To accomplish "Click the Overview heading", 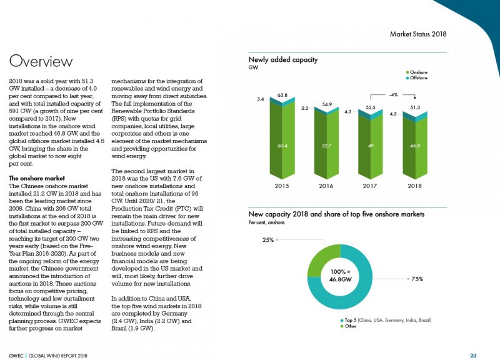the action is tap(41, 61).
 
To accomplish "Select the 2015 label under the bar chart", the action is tap(282, 186).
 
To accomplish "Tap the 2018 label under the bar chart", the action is tap(414, 186).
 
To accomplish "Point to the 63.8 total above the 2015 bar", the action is tap(282, 95).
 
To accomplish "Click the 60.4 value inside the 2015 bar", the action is tap(282, 146).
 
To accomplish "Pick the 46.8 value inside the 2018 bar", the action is tap(415, 146).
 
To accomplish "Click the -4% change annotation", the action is tap(394, 95).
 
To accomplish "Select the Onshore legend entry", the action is tap(417, 72).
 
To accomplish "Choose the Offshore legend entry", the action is tap(417, 77).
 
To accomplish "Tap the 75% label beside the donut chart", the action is tap(417, 279).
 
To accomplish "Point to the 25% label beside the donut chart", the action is tap(268, 240).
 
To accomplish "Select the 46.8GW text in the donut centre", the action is tap(341, 279).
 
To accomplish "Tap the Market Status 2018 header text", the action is tap(418, 34).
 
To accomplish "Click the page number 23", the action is tap(473, 355).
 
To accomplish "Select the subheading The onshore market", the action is tap(37, 178).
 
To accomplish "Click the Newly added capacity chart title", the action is tap(283, 59).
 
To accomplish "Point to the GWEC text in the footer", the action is tap(16, 356).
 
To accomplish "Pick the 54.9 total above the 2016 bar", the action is tap(327, 104).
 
